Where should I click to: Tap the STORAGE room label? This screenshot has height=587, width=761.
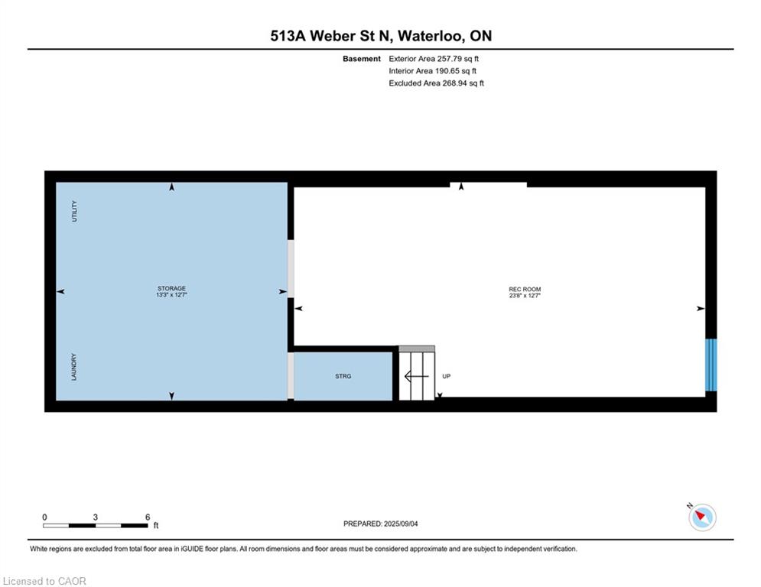point(171,288)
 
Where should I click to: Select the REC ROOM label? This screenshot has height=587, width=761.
point(525,289)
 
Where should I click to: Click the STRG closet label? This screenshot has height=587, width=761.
point(343,376)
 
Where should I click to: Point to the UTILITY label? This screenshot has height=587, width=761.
point(74,211)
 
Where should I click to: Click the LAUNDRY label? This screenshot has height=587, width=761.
point(74,367)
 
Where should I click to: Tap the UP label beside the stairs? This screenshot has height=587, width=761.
point(447,376)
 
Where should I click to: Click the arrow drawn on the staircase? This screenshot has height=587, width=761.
point(416,376)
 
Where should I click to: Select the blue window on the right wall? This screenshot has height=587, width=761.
point(711,365)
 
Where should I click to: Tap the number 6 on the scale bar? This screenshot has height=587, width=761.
point(148,517)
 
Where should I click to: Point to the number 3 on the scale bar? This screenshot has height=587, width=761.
point(95,517)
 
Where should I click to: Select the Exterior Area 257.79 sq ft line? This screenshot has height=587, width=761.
point(434,59)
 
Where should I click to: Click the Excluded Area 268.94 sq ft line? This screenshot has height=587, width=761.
point(436,83)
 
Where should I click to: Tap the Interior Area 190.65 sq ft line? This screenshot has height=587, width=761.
point(432,71)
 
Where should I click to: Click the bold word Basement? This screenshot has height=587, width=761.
point(362,59)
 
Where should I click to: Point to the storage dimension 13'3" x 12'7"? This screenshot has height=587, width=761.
point(171,294)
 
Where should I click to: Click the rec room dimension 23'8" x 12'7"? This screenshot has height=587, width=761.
point(525,296)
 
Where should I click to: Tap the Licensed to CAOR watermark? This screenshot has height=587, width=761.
point(44,581)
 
